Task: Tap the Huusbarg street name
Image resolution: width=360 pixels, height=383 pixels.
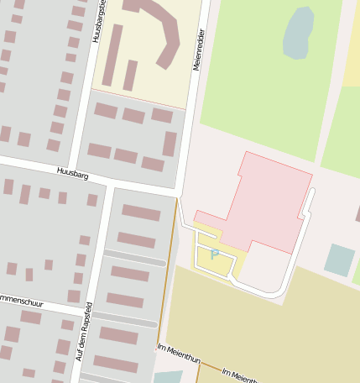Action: coord(73,172)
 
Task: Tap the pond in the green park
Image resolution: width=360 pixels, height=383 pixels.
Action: coord(298,34)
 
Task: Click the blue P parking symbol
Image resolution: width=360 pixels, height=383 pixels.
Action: coord(215,254)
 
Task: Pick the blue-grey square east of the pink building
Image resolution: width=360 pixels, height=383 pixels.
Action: coord(339,260)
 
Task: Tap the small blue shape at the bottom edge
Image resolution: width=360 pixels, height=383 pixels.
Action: coord(167,377)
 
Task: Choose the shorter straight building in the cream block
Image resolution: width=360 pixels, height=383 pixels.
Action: coord(130,75)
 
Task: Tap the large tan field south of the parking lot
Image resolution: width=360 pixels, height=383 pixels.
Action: coord(260,328)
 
